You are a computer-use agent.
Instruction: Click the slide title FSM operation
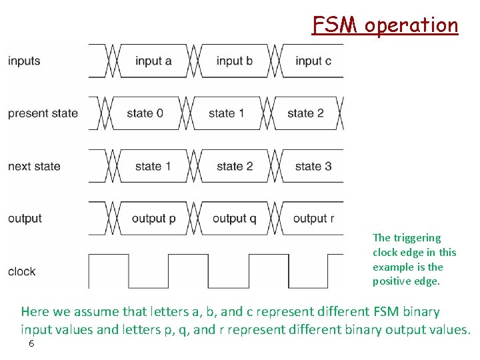coord(385,25)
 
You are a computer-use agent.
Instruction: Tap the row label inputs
coord(24,61)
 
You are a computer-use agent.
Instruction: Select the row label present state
coord(43,113)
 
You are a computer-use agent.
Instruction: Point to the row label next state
coord(34,166)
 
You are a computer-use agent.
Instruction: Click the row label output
coord(25,219)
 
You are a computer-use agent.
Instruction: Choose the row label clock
coord(22,271)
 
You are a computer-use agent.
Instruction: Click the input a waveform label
coord(153,61)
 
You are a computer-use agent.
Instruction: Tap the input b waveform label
coord(234,61)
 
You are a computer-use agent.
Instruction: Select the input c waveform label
coord(313,61)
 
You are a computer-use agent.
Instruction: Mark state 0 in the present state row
coord(145,113)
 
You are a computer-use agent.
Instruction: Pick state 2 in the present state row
coord(305,113)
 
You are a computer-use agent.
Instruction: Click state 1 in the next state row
coord(153,166)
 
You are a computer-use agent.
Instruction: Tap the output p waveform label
coord(153,219)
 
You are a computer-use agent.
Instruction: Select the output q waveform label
coord(234,219)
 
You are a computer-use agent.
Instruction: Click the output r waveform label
coord(313,219)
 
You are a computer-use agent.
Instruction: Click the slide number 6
coord(31,344)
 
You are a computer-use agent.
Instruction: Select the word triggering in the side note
coord(417,238)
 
